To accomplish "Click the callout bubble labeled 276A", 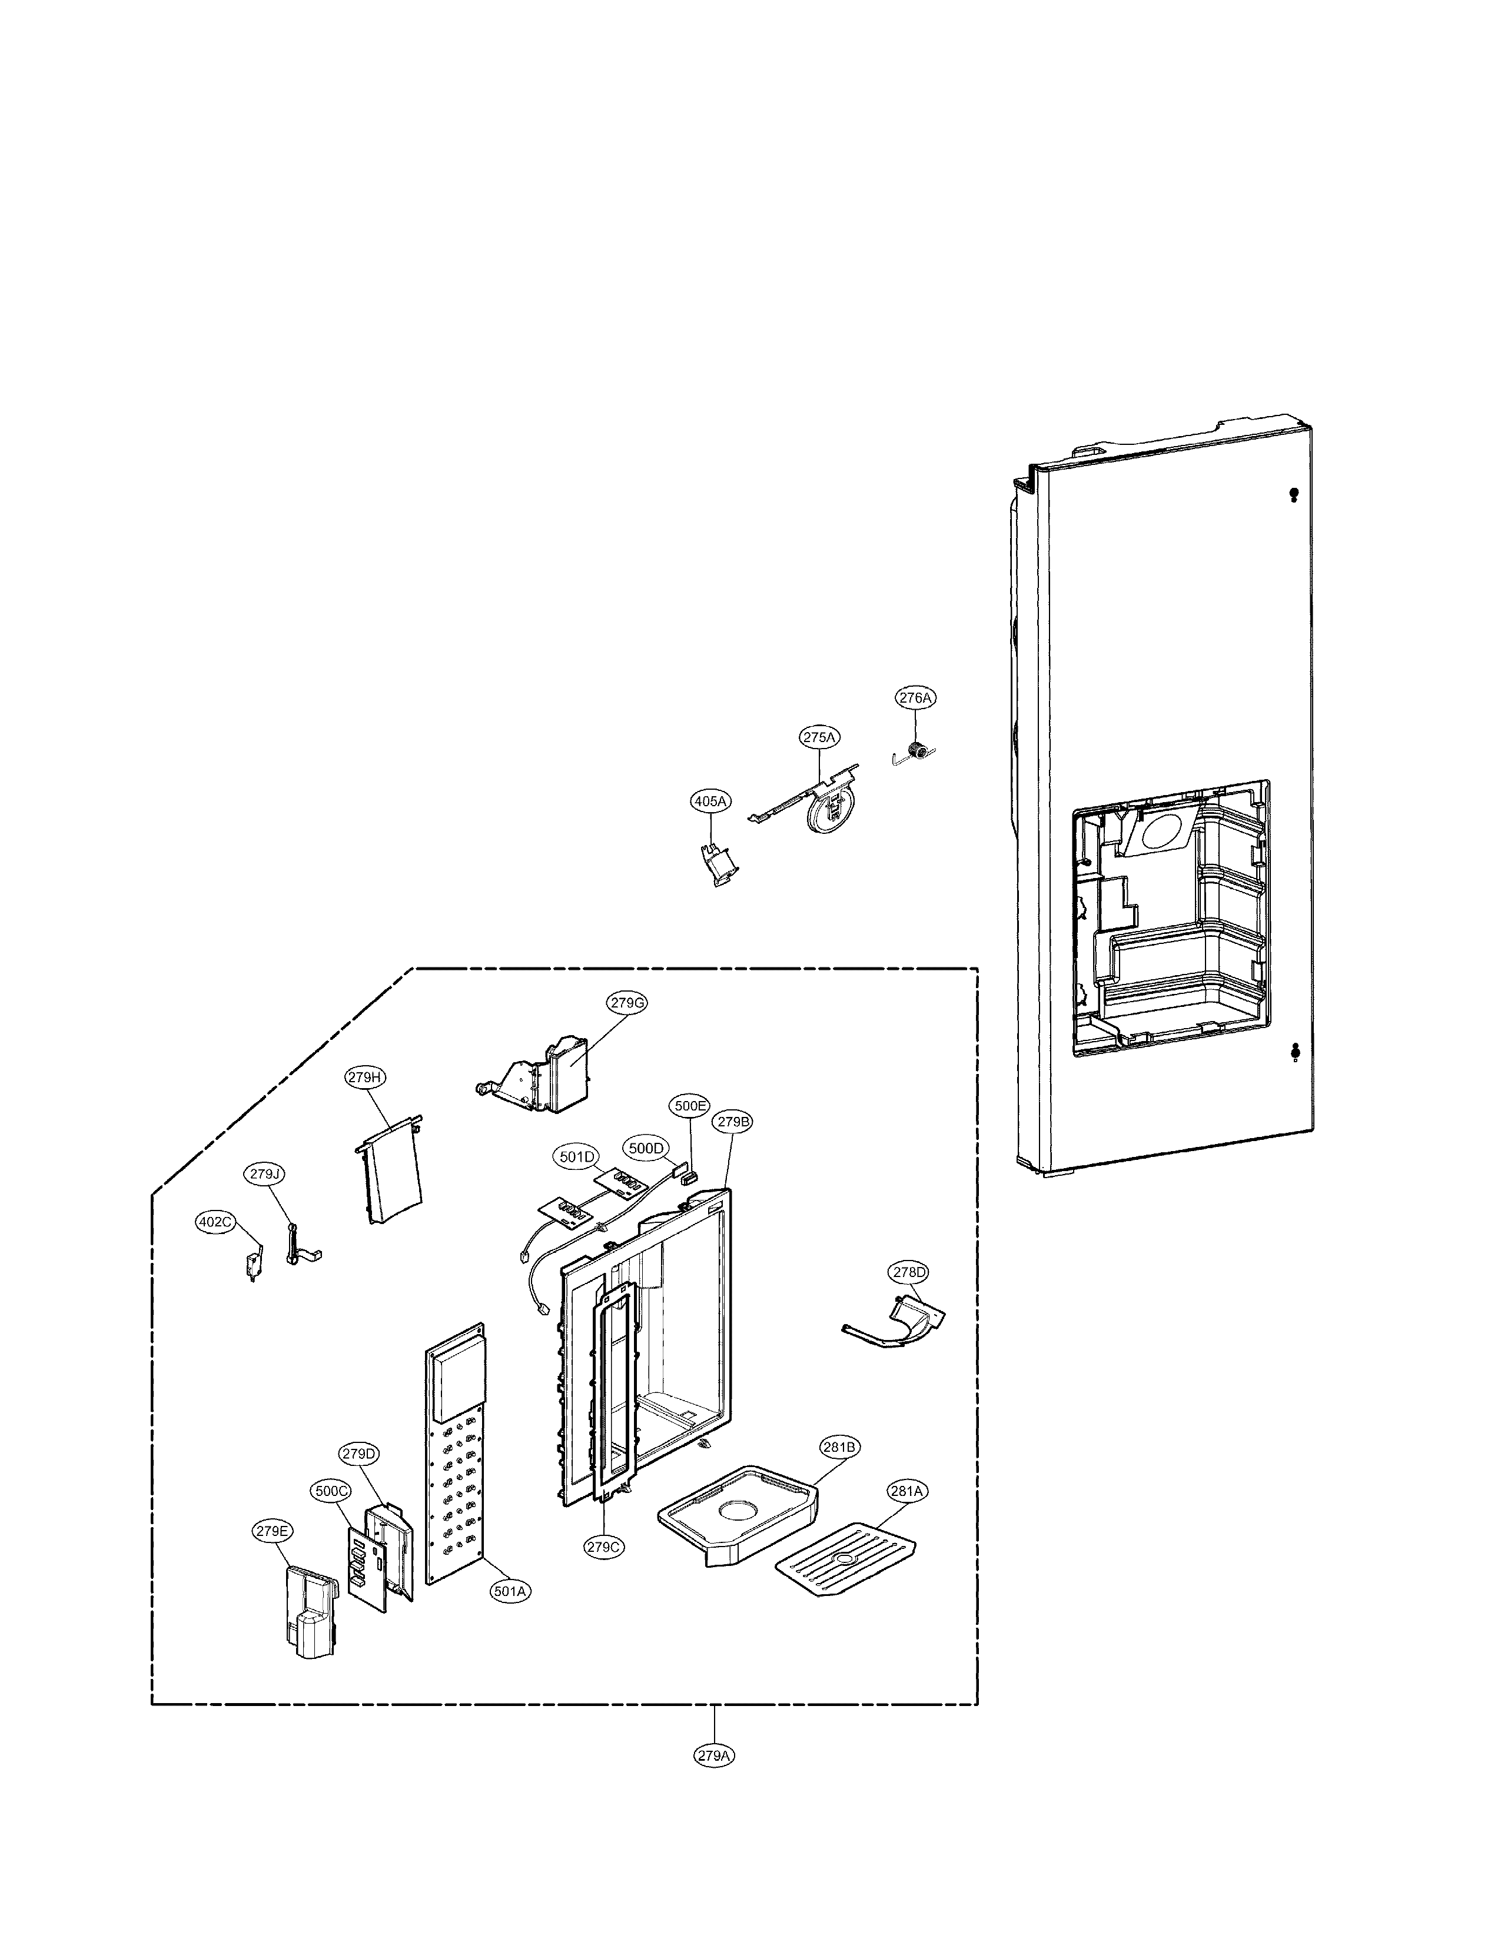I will tap(915, 698).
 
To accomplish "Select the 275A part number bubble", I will tap(820, 737).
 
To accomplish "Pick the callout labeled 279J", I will tap(264, 1174).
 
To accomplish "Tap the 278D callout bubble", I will tap(909, 1272).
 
